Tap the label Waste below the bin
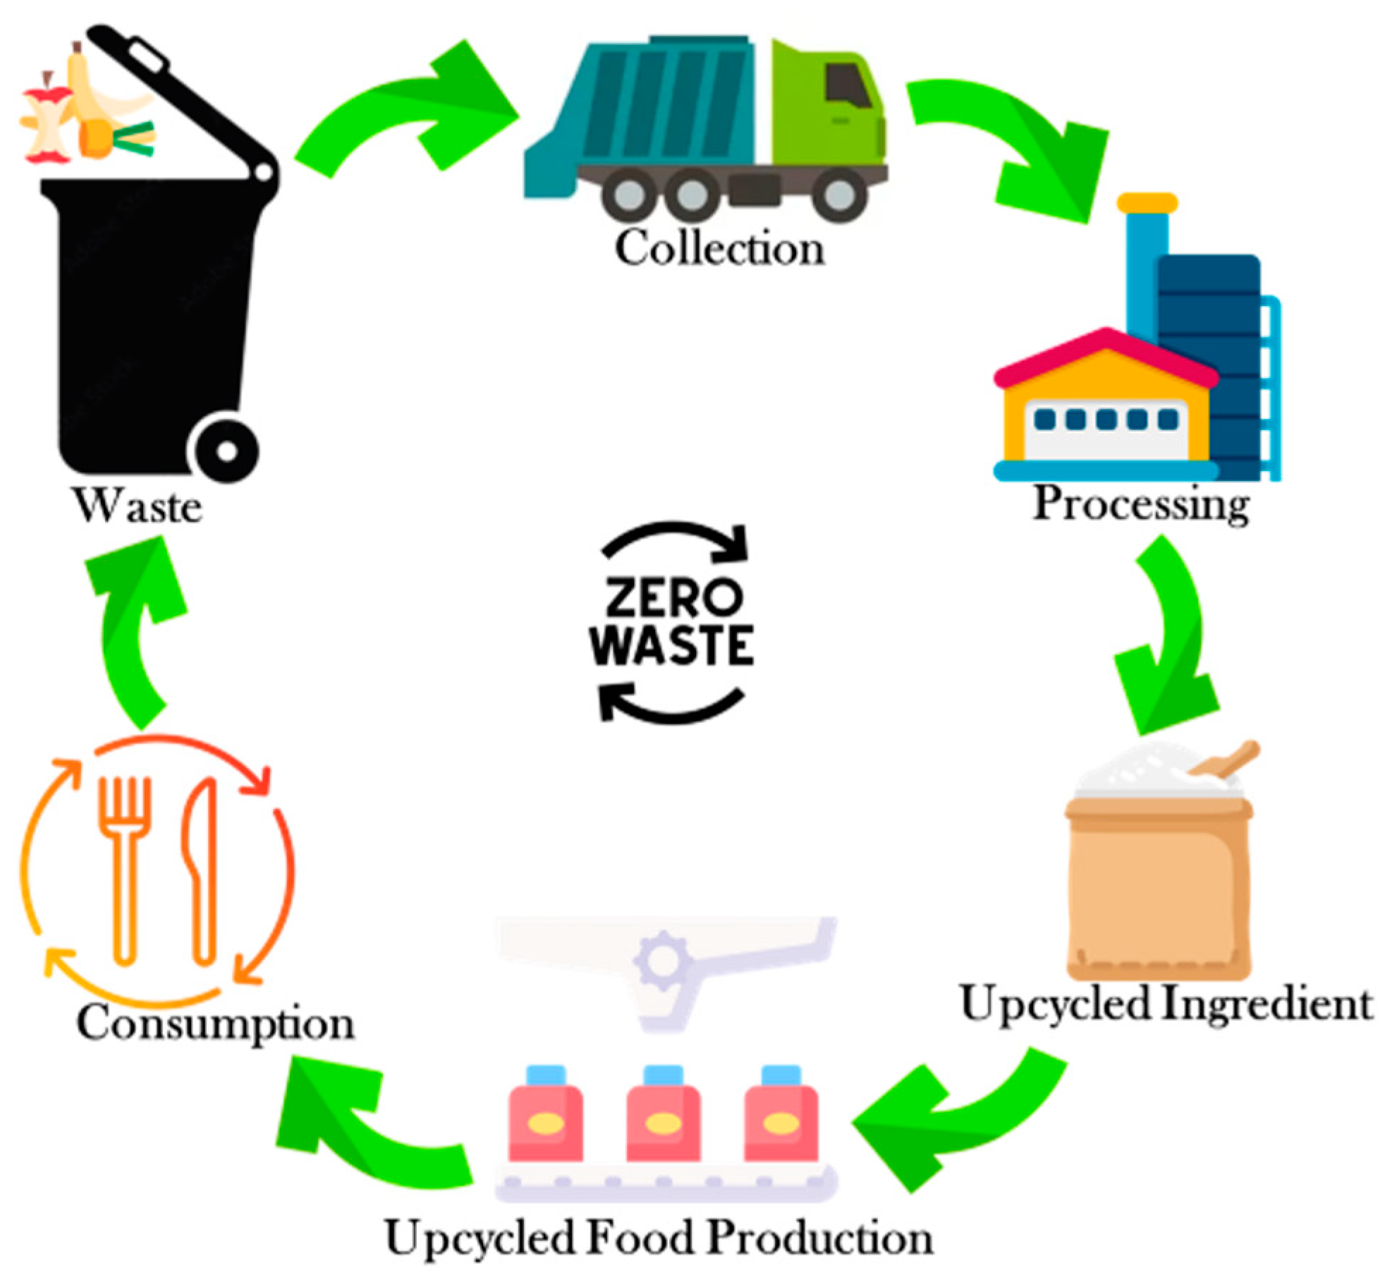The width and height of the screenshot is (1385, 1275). tap(138, 506)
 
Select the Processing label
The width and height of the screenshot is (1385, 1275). tap(1140, 505)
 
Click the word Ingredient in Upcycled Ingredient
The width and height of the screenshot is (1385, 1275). tap(1266, 1004)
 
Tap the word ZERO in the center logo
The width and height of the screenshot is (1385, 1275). tap(673, 598)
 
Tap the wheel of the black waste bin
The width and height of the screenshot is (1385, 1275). tap(226, 450)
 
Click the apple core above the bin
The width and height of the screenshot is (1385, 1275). tap(47, 120)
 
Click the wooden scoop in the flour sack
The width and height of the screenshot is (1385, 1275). tap(1227, 762)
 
